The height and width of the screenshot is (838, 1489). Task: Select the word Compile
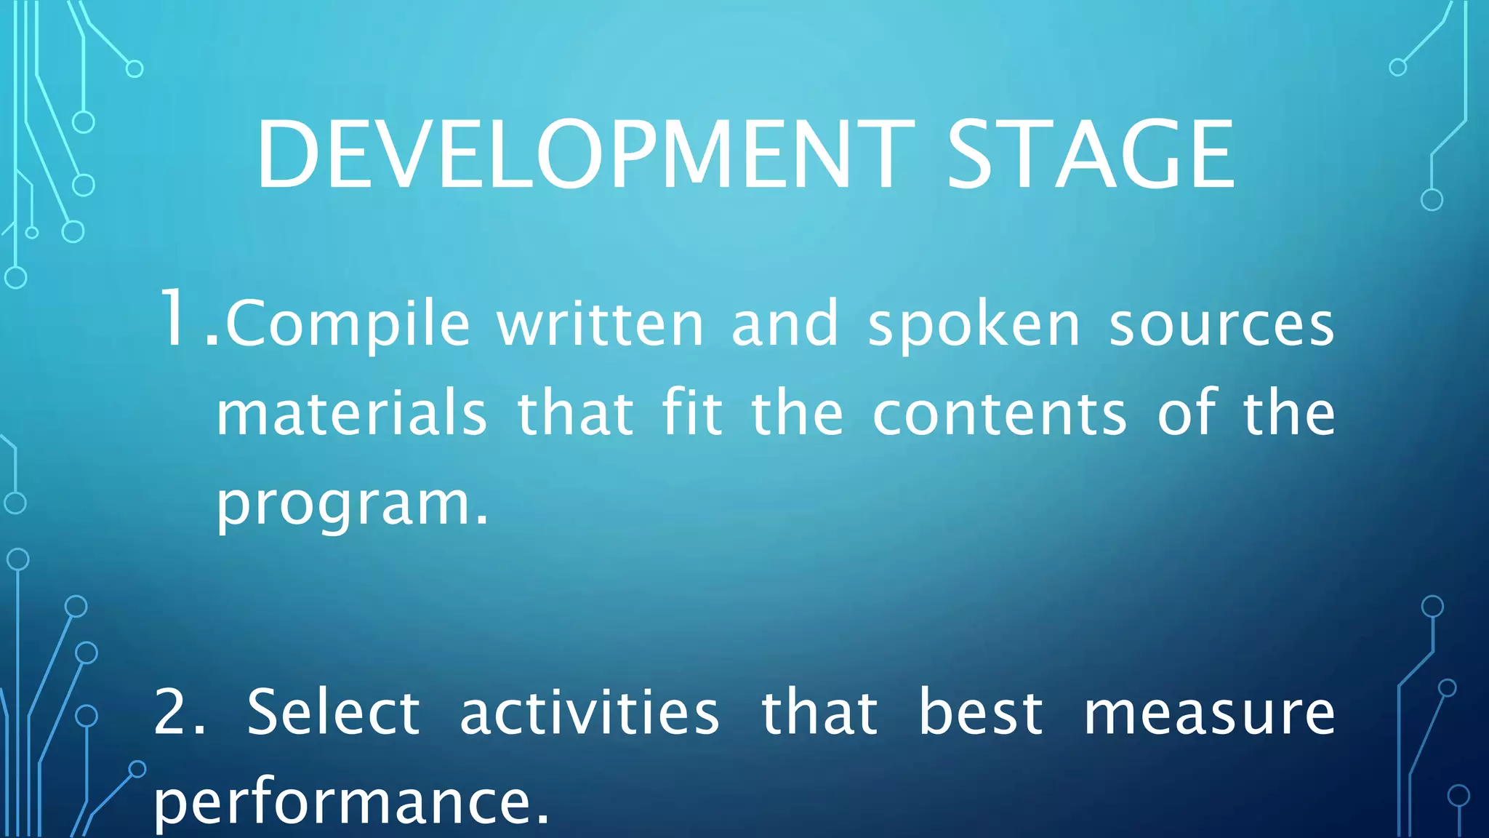point(348,324)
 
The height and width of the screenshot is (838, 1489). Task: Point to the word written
point(601,324)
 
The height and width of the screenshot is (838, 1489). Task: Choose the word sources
point(1221,324)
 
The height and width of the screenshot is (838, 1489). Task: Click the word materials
point(352,414)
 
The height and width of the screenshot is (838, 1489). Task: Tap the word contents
point(1000,414)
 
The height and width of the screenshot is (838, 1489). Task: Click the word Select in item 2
point(334,712)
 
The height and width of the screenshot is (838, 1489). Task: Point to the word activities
point(590,712)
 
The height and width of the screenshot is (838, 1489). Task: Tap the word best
point(981,712)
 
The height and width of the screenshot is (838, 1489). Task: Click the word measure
point(1209,714)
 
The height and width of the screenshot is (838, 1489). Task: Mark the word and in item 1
point(785,324)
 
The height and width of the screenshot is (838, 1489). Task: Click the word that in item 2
point(819,712)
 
